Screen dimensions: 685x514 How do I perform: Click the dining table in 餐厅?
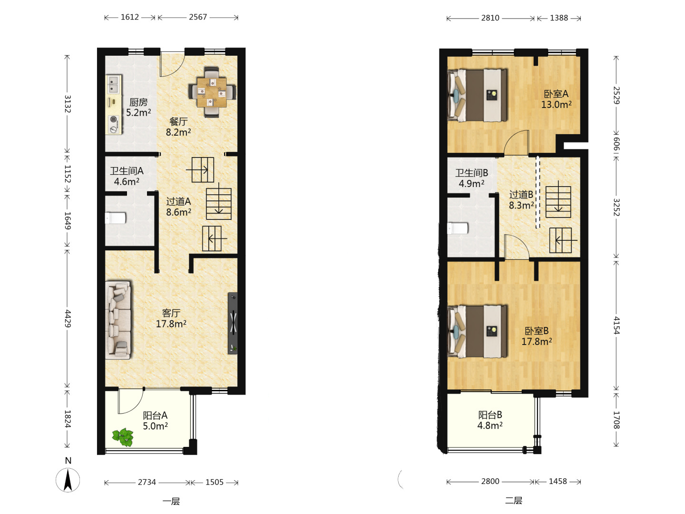coord(212,92)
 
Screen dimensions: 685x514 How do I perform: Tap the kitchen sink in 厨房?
coord(114,84)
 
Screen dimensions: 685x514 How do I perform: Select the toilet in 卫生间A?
coord(116,218)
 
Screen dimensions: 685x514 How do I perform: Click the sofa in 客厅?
coord(118,320)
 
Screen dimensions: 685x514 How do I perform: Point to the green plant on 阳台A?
coord(123,437)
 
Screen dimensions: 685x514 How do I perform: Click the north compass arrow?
coord(68,481)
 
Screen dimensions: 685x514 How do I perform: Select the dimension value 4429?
coord(68,319)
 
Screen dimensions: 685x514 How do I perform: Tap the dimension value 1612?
coord(129,17)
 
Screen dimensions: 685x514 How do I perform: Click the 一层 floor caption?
coord(171,502)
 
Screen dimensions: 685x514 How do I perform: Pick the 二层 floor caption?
coord(514,501)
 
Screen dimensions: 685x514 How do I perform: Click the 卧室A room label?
coord(556,94)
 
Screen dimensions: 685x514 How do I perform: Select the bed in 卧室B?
coord(477,331)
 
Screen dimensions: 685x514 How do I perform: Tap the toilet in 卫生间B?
coord(458,228)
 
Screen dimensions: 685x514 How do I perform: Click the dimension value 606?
coord(616,144)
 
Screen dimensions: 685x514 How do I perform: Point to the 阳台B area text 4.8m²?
coord(490,425)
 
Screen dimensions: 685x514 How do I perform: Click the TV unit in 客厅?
coord(233,323)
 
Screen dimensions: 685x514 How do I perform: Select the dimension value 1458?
coord(558,481)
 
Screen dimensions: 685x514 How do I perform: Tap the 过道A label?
coord(178,201)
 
